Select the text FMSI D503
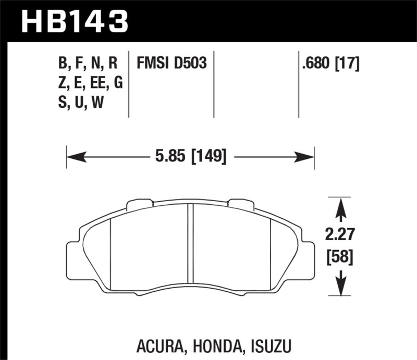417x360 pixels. [172, 64]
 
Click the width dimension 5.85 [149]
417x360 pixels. [190, 156]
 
